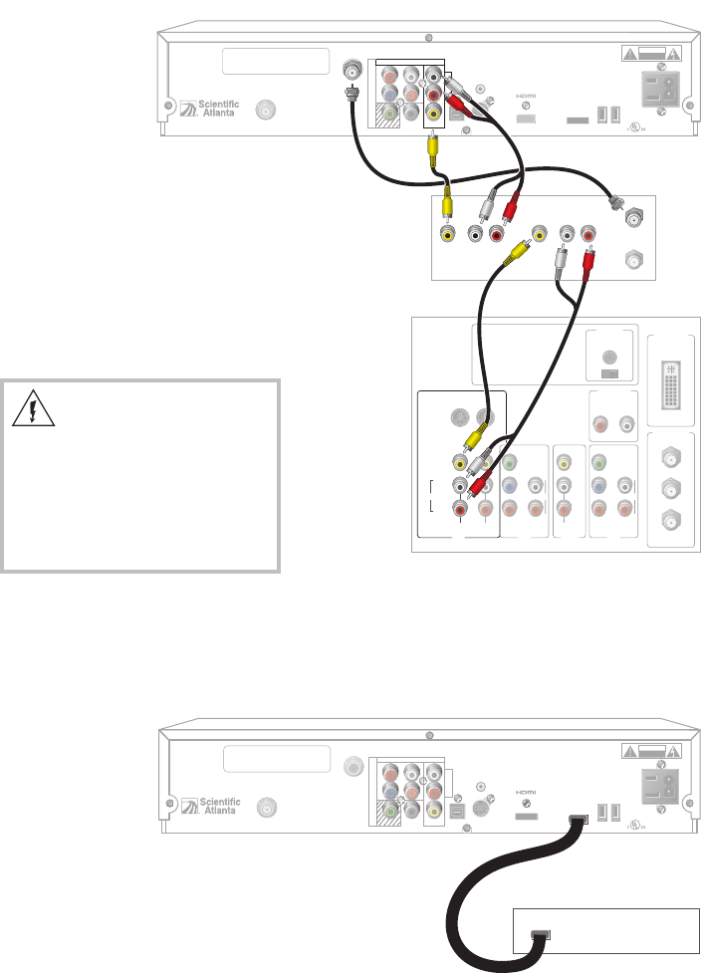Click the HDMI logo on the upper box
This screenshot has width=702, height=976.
tap(526, 98)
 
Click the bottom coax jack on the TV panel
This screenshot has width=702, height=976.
tap(673, 519)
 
